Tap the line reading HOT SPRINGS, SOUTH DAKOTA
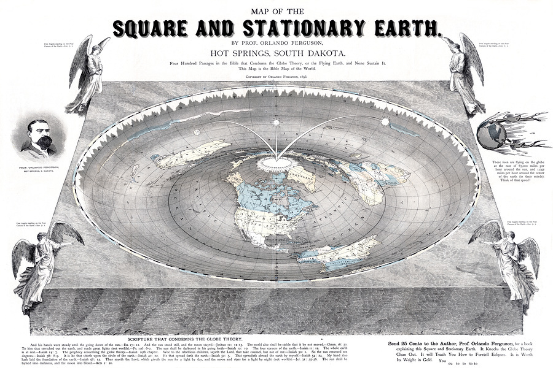[x=276, y=54]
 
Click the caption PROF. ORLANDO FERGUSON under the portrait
[x=39, y=167]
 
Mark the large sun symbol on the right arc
[x=386, y=121]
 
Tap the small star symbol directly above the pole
[x=275, y=122]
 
